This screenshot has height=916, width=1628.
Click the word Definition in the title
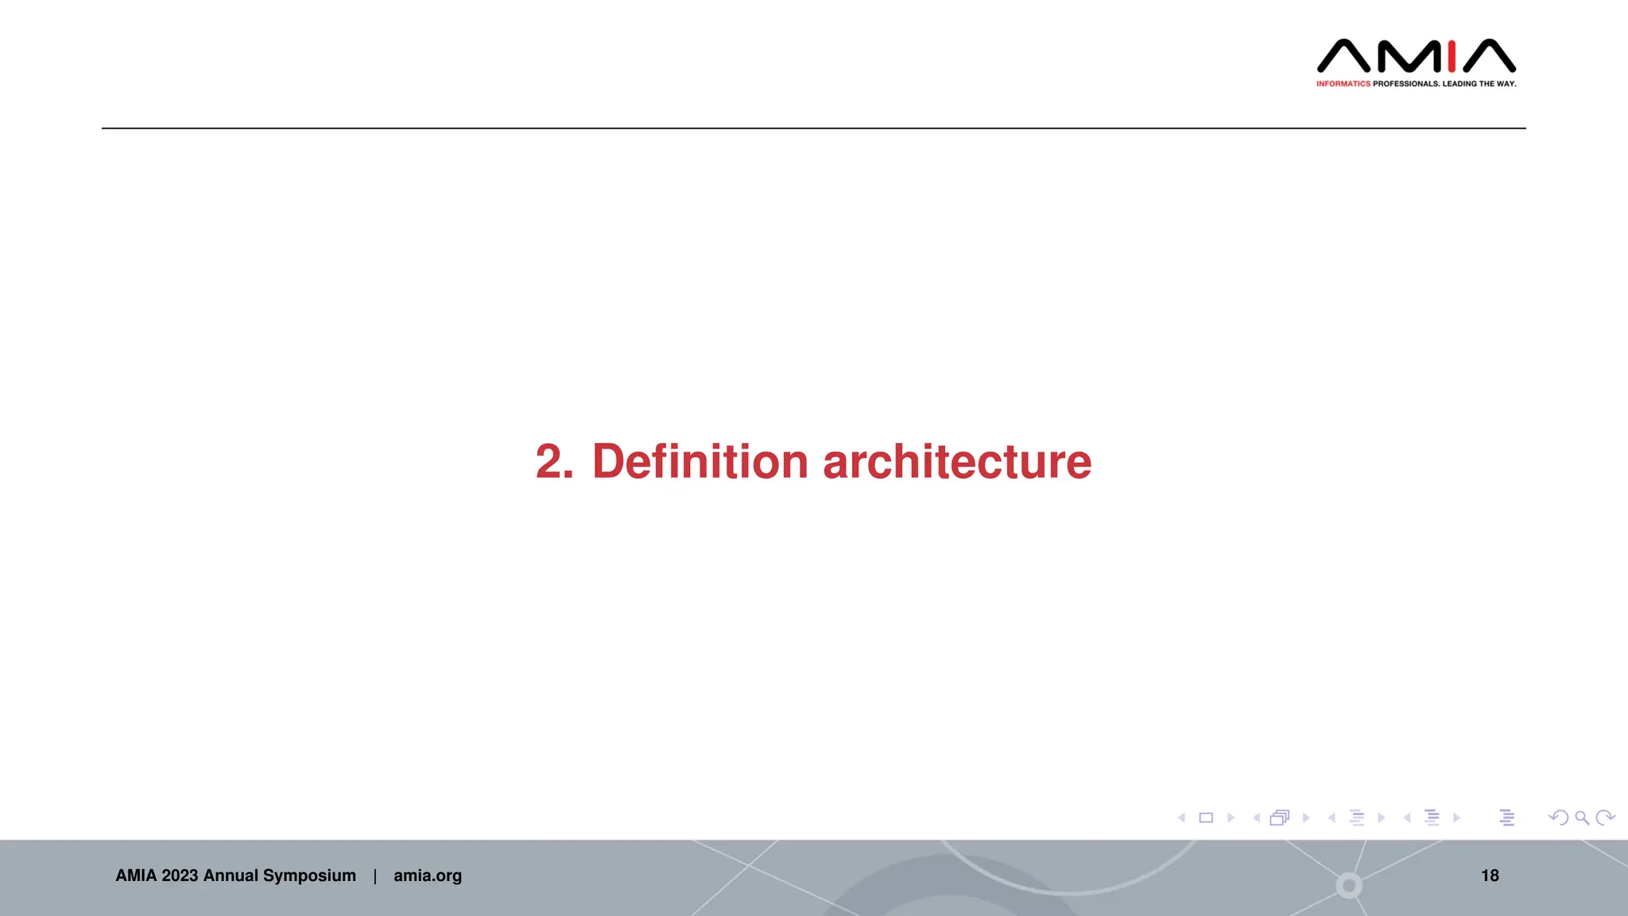(700, 462)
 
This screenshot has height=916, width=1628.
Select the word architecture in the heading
(957, 462)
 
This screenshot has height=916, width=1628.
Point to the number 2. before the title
(554, 462)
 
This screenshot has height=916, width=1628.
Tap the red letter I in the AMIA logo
(1452, 56)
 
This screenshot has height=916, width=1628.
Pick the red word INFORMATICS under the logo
(1343, 83)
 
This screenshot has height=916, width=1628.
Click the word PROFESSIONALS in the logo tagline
(1405, 83)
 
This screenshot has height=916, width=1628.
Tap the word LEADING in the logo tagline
(1459, 83)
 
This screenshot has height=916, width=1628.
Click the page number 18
(1490, 875)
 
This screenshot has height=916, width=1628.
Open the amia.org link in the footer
(428, 875)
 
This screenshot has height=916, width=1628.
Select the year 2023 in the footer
(180, 875)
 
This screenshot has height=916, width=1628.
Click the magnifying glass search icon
(1582, 817)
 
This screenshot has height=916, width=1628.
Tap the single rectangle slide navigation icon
(1206, 817)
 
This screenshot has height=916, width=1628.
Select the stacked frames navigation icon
(1280, 817)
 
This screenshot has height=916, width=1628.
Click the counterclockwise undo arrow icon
(1558, 817)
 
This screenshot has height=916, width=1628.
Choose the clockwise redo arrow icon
(1605, 817)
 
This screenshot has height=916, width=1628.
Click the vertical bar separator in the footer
(375, 875)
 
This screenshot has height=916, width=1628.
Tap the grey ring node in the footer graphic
(1349, 885)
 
